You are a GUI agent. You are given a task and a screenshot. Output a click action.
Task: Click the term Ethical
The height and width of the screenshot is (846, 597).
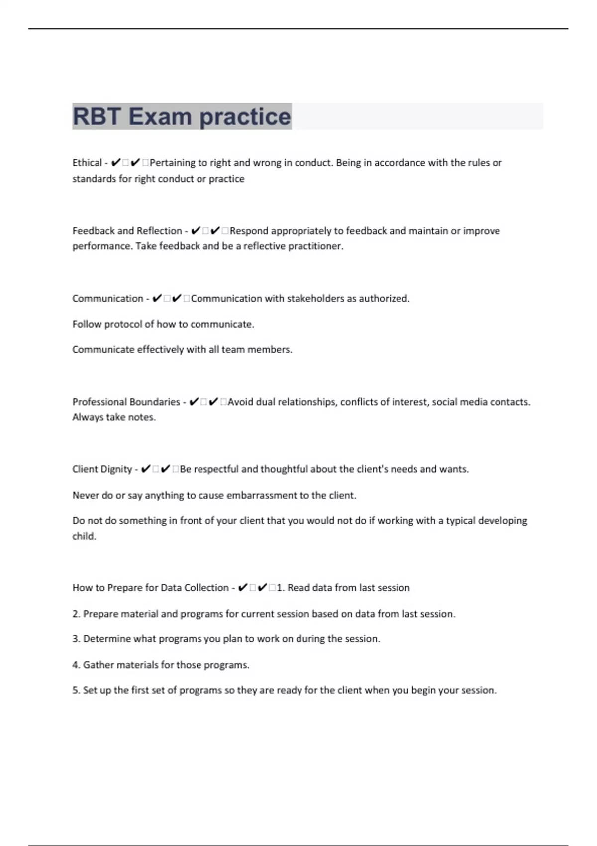click(87, 163)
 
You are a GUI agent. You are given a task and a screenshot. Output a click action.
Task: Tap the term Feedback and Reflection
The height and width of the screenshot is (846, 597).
click(127, 231)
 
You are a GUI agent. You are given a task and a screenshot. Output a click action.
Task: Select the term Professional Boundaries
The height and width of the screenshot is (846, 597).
click(126, 402)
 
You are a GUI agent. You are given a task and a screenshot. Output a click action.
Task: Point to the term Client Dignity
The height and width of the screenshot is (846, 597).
click(102, 469)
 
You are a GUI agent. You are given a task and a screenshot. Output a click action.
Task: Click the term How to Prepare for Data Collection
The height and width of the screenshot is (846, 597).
click(150, 588)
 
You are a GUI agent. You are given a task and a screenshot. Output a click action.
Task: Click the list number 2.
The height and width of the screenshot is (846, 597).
click(76, 614)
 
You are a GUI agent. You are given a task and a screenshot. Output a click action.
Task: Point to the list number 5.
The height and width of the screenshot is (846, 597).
click(76, 690)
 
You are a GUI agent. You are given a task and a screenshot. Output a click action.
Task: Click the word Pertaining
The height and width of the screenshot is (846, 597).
click(172, 163)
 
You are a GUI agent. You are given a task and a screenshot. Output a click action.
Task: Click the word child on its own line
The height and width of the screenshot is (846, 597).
click(84, 536)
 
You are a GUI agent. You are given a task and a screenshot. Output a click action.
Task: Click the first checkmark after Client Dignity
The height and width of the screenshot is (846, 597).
click(146, 469)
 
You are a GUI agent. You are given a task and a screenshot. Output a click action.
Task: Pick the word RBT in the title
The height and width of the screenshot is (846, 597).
click(97, 117)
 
